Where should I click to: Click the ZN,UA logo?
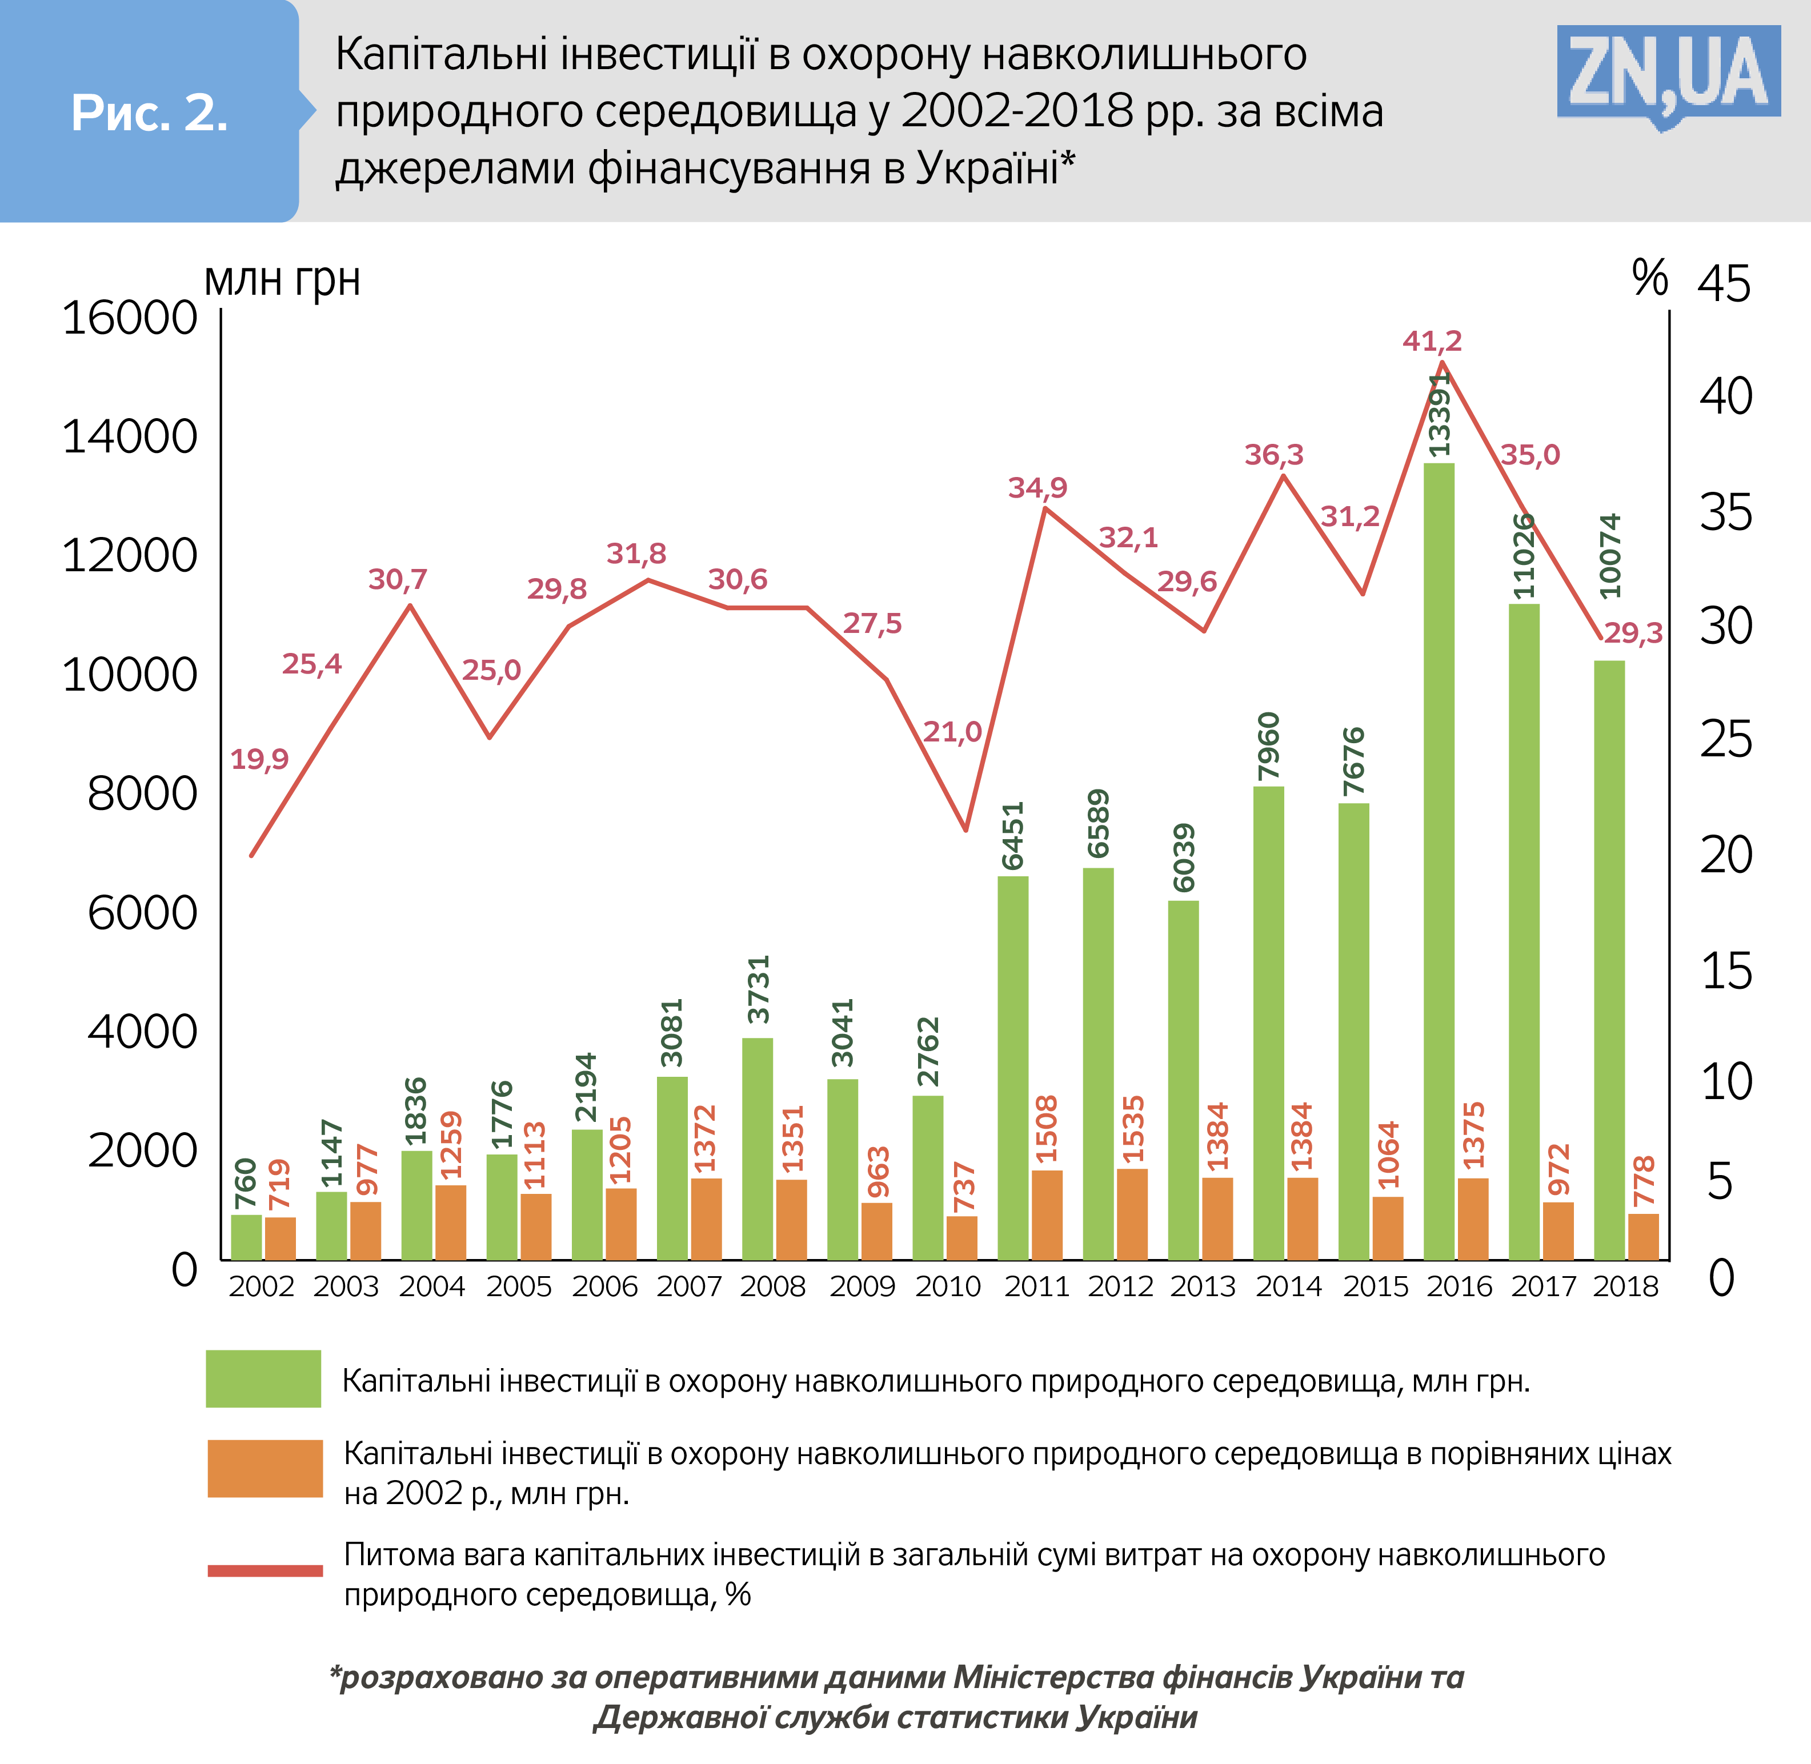click(1668, 74)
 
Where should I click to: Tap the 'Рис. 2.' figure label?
click(149, 114)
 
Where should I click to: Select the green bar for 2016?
click(1439, 861)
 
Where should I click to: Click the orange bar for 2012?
click(1132, 1214)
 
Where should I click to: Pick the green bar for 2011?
click(1012, 1067)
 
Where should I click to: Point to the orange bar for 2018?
click(1644, 1236)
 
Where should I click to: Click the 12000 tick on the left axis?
click(130, 556)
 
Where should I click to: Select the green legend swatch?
click(263, 1380)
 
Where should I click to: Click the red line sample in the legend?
click(265, 1570)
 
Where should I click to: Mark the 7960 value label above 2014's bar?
click(1268, 747)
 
